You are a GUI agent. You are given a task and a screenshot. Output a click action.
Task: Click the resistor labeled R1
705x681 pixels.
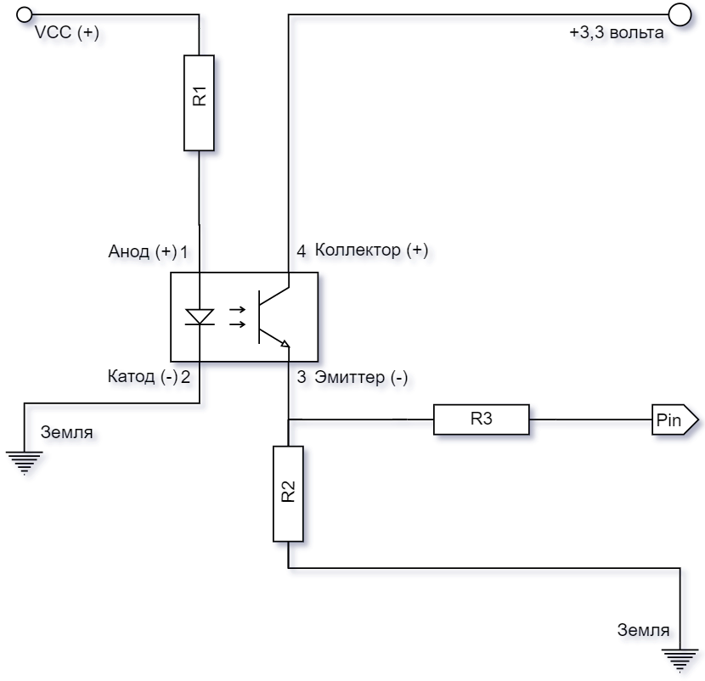pyautogui.click(x=199, y=103)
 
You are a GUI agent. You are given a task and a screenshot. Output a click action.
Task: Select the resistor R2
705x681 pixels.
pyautogui.click(x=288, y=492)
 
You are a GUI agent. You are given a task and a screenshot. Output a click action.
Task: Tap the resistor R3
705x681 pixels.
pyautogui.click(x=482, y=419)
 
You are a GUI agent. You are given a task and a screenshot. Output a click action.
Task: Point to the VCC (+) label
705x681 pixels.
pyautogui.click(x=66, y=33)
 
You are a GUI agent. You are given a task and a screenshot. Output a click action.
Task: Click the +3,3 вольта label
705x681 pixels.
pyautogui.click(x=616, y=35)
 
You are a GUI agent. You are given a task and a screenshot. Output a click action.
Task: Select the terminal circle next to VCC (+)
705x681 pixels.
pyautogui.click(x=25, y=14)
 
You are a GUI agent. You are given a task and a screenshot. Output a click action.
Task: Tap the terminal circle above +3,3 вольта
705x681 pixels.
pyautogui.click(x=680, y=14)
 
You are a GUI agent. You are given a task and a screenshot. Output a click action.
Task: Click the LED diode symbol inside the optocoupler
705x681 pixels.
pyautogui.click(x=200, y=317)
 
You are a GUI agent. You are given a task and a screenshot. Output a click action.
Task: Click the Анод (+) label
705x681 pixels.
pyautogui.click(x=142, y=252)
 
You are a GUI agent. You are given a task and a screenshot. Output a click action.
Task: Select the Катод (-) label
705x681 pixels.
pyautogui.click(x=143, y=377)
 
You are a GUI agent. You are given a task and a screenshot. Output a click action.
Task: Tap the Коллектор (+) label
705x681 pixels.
pyautogui.click(x=371, y=250)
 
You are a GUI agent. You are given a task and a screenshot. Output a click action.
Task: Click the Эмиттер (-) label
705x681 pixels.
pyautogui.click(x=361, y=378)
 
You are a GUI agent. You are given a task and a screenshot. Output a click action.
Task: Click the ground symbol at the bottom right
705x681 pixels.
pyautogui.click(x=680, y=661)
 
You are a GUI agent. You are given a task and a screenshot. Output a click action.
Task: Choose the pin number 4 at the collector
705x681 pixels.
pyautogui.click(x=301, y=251)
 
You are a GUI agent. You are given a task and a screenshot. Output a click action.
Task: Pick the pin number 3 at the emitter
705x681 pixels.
pyautogui.click(x=302, y=378)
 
